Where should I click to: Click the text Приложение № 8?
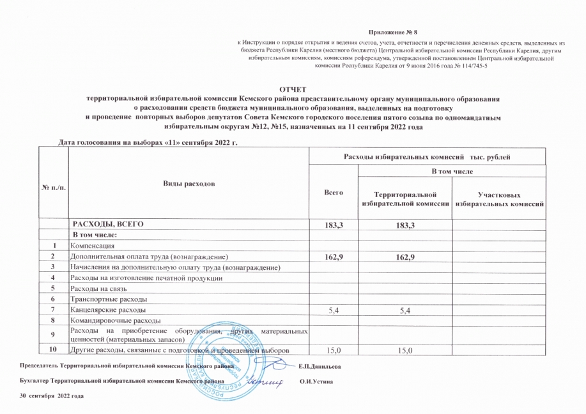point(390,31)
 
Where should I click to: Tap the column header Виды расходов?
point(188,184)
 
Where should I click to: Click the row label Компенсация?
point(93,245)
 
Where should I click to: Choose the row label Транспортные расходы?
point(109,299)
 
